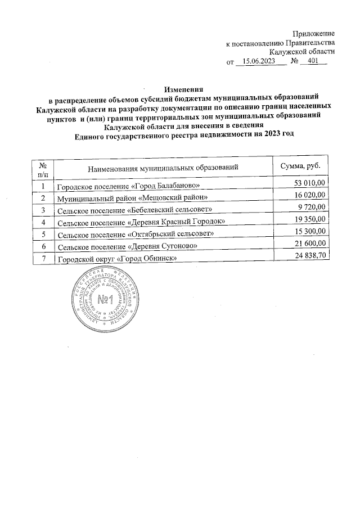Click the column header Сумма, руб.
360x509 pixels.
[x=300, y=167]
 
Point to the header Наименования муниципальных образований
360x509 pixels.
[x=163, y=168]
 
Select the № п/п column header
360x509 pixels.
[x=43, y=168]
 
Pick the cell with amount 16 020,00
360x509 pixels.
[x=310, y=196]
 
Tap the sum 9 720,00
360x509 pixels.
[x=313, y=208]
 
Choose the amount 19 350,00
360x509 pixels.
[x=310, y=220]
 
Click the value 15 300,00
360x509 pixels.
[x=310, y=233]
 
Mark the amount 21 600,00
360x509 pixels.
[x=310, y=245]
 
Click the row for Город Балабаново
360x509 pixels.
[x=129, y=185]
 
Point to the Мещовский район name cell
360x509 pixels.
[x=133, y=197]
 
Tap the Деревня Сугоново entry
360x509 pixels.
[x=127, y=247]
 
